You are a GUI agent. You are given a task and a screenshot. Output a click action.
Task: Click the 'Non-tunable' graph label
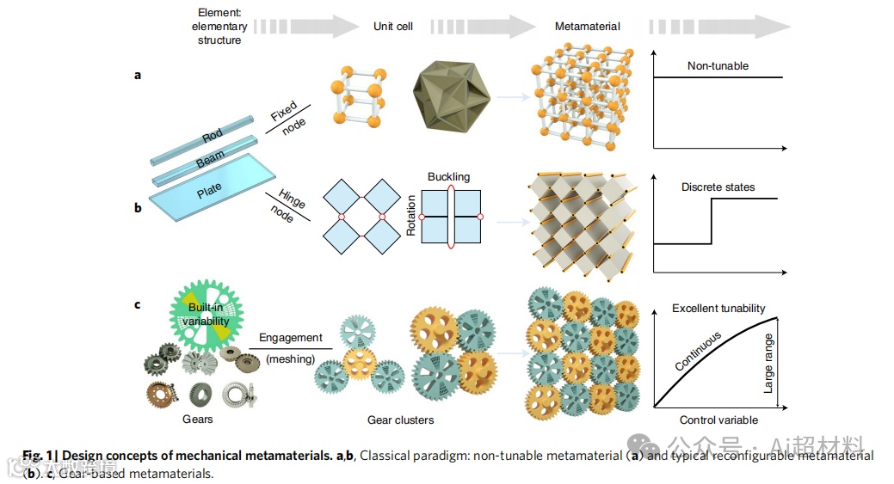pyautogui.click(x=718, y=66)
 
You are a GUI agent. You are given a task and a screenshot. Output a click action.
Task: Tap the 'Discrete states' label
pyautogui.click(x=718, y=187)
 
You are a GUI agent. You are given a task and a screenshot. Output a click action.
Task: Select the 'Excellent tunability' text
pyautogui.click(x=718, y=309)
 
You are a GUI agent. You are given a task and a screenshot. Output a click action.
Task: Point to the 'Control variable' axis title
pyautogui.click(x=718, y=420)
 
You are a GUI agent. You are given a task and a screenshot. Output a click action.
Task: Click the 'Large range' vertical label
pyautogui.click(x=769, y=364)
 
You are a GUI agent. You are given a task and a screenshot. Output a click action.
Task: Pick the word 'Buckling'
pyautogui.click(x=448, y=177)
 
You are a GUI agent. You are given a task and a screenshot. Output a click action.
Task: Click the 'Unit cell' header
pyautogui.click(x=393, y=27)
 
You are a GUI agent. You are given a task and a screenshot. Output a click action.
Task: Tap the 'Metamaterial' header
pyautogui.click(x=587, y=27)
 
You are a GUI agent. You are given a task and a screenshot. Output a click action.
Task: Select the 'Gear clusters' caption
pyautogui.click(x=400, y=420)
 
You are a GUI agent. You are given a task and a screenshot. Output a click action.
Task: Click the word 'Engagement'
pyautogui.click(x=290, y=338)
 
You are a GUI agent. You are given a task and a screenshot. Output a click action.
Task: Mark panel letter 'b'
pyautogui.click(x=138, y=207)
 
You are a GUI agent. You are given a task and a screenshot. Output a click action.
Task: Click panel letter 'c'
pyautogui.click(x=138, y=303)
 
